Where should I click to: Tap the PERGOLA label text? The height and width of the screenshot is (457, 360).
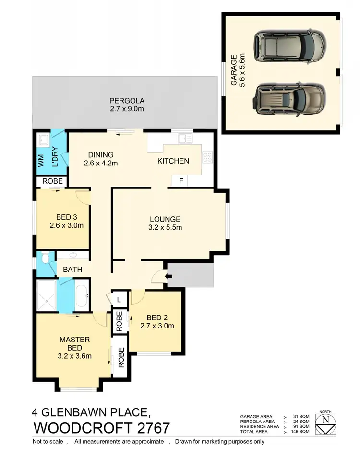coord(127,101)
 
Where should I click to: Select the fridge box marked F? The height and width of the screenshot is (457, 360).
coord(180,181)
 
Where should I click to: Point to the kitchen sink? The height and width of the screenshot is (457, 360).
coord(184,139)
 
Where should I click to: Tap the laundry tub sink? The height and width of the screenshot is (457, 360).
coord(44,140)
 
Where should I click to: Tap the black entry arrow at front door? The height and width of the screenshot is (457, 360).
coord(168,276)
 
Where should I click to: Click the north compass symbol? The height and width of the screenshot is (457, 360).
coord(326,422)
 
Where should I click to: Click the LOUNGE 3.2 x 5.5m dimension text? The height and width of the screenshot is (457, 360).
coord(164,228)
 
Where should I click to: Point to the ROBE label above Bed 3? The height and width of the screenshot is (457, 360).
coord(52,181)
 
